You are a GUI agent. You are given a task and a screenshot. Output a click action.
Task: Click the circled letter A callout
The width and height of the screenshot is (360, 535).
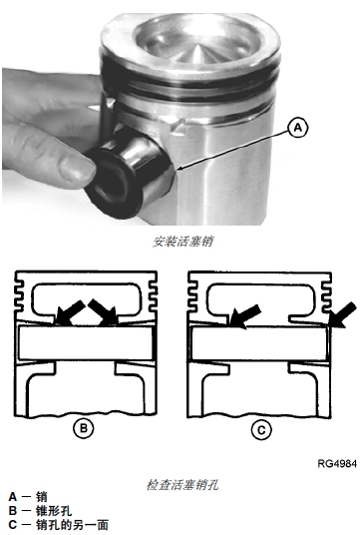298,128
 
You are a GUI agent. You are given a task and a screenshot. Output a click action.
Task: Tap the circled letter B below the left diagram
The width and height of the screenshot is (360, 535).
84,428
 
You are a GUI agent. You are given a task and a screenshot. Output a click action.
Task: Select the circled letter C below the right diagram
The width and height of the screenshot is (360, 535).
261,430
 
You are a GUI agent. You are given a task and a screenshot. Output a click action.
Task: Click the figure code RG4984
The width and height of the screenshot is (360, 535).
337,464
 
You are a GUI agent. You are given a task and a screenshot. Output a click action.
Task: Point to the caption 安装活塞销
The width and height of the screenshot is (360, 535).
183,242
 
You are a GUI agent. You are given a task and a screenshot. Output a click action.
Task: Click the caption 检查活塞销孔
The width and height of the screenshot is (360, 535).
182,485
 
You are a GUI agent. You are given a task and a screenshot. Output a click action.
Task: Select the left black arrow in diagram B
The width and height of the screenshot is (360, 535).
70,313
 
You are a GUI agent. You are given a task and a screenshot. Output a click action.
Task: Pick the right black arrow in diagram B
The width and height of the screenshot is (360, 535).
104,312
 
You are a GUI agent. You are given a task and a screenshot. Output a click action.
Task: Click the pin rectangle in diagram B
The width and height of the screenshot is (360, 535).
85,342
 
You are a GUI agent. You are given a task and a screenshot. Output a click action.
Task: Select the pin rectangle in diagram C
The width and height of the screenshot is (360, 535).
259,343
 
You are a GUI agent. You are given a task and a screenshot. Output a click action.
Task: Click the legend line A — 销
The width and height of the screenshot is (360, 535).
28,496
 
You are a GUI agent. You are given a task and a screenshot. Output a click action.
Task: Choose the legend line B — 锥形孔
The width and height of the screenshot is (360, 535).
40,511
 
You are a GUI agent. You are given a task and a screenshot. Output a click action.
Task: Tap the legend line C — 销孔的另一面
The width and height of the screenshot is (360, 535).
58,525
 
